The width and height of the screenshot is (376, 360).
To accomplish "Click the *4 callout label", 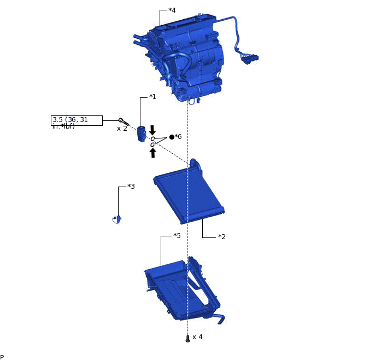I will point(172,10).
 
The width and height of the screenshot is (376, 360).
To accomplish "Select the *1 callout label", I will point(152,97).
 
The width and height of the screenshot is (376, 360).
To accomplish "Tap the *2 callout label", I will point(222,237).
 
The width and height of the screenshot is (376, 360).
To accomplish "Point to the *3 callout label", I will point(131,187).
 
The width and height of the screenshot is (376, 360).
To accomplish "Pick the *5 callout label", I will point(177,236).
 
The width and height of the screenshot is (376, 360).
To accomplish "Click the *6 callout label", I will point(178,137).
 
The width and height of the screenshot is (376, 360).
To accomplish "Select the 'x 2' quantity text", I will point(122,129).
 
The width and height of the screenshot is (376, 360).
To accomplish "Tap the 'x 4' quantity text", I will point(197,337).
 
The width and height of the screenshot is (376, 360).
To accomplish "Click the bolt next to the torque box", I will point(123,121).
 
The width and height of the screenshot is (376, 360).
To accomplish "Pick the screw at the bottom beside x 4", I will point(187,339).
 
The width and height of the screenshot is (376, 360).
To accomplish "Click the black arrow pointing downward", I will point(152,130).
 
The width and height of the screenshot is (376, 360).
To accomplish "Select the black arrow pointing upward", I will point(152,153).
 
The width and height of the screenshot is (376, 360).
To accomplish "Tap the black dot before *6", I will point(172,137).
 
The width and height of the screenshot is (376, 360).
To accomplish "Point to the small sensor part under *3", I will point(117,219).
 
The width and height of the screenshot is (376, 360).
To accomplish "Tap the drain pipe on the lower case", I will point(219,318).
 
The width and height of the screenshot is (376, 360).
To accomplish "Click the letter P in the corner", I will point(2,357).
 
